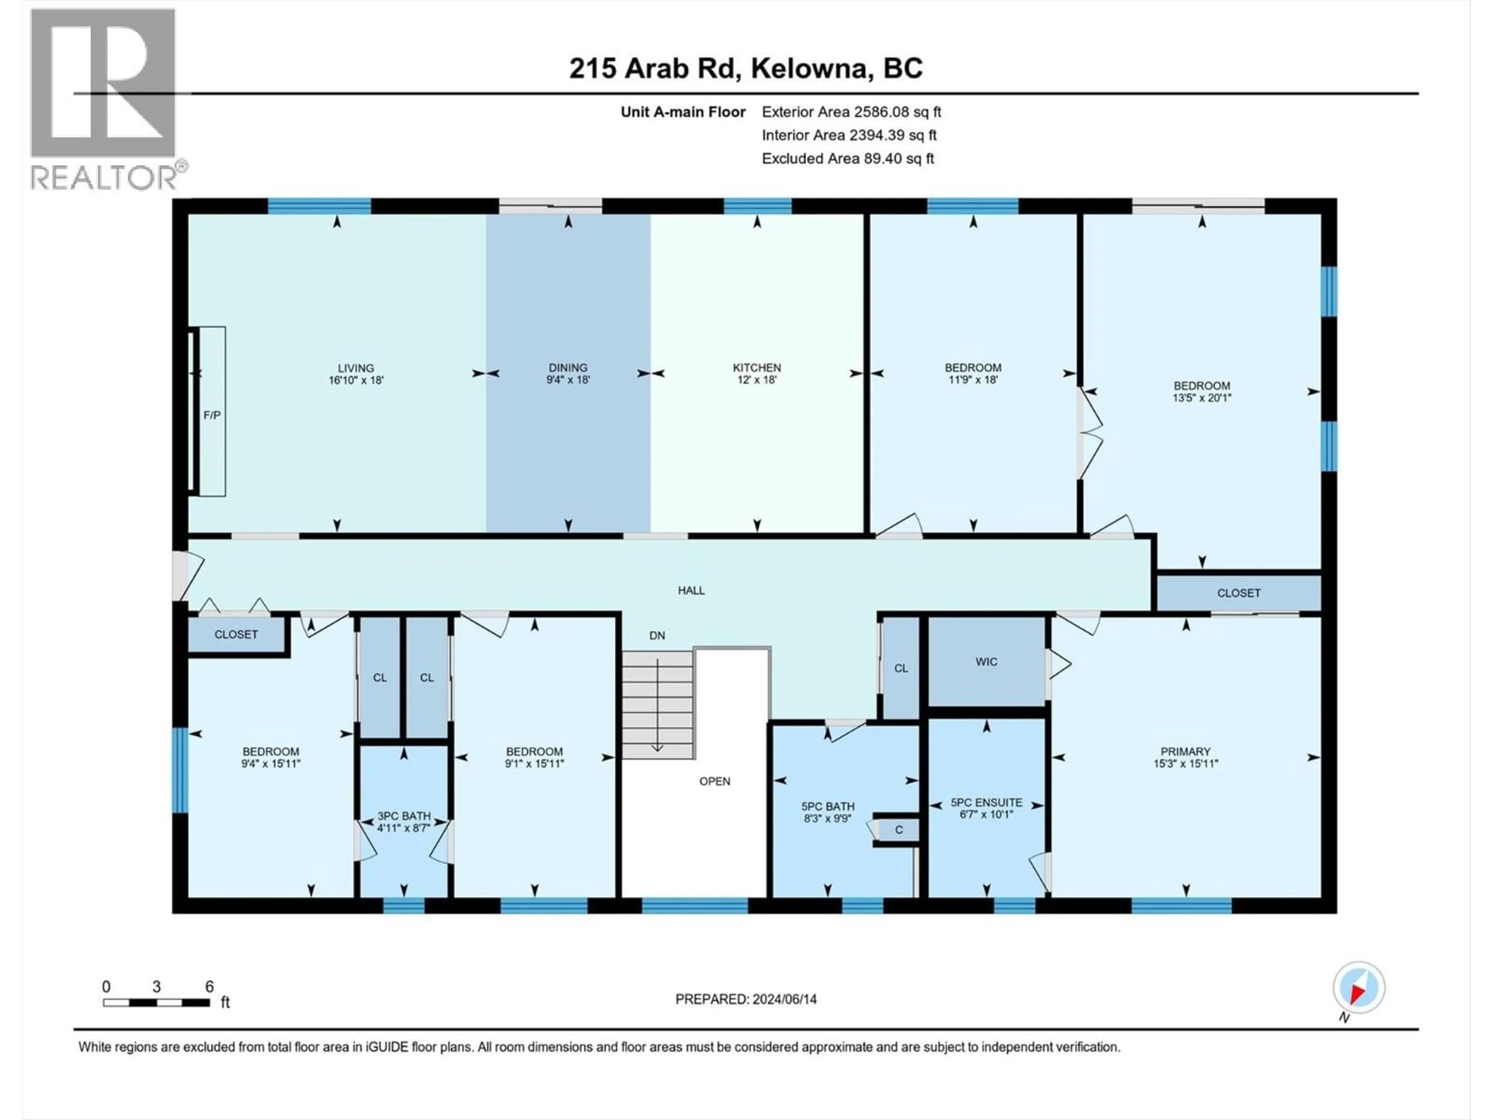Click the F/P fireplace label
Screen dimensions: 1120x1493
212,415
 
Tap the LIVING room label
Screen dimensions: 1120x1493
356,368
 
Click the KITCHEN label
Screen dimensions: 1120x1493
757,368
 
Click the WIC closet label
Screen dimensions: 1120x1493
986,661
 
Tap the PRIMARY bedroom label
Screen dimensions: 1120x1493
1185,751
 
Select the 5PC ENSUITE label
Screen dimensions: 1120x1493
986,803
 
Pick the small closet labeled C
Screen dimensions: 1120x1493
899,830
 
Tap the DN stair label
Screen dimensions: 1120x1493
657,635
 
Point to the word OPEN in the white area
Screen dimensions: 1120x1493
714,781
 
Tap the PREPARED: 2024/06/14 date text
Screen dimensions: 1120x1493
746,999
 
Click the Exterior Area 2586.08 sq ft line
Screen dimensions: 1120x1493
851,112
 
